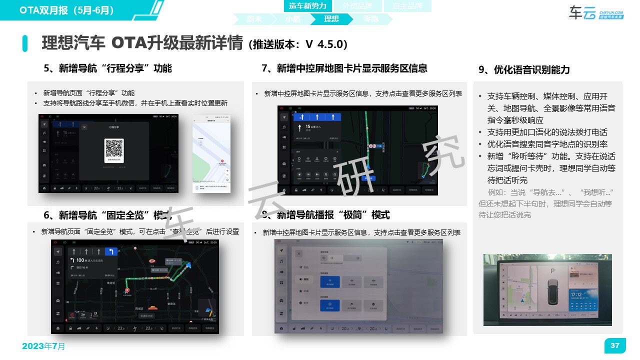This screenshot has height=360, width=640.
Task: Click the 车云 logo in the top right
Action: (595, 13)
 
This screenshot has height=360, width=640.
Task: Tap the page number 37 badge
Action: (615, 345)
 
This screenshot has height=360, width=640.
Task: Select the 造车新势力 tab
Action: (307, 6)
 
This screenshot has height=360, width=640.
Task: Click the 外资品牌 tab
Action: (357, 6)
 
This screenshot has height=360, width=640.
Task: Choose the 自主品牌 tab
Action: (406, 6)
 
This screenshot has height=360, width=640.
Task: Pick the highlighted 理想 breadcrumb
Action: (331, 19)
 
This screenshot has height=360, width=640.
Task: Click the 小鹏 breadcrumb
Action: (293, 19)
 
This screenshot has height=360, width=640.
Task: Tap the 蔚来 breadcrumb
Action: (254, 19)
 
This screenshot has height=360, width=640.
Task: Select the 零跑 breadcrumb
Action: (370, 19)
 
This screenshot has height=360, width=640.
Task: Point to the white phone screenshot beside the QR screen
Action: (211, 153)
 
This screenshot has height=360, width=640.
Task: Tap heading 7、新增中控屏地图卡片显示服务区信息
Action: (344, 68)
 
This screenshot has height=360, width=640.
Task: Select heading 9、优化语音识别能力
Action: (524, 70)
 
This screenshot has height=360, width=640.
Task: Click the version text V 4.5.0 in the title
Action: (324, 44)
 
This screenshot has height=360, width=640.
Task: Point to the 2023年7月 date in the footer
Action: (43, 346)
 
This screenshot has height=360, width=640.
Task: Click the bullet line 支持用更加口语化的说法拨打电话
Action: (547, 132)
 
